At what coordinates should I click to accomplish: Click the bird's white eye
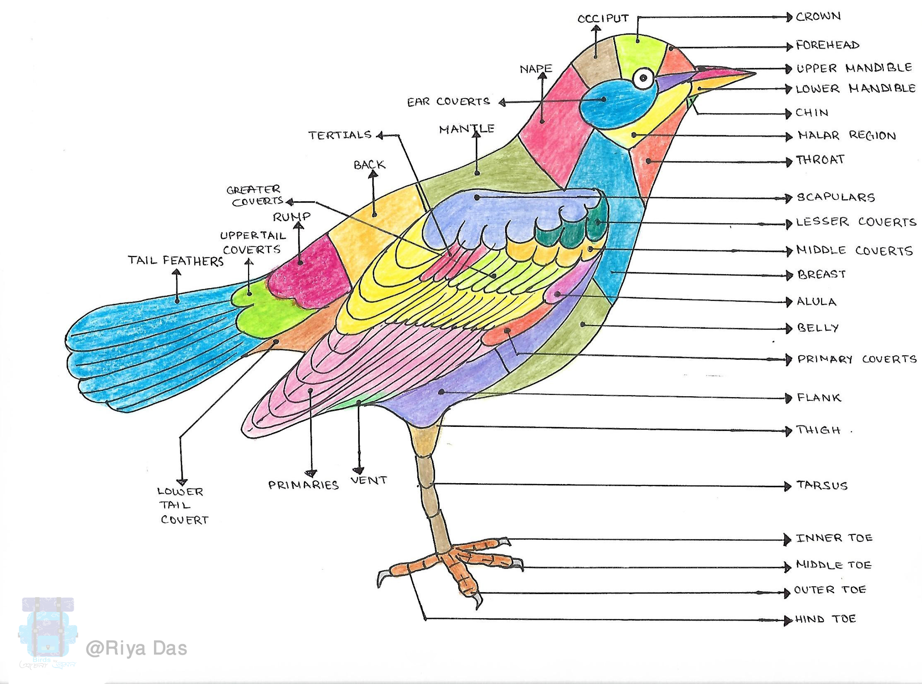pos(643,78)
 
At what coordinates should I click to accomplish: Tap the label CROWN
pos(818,17)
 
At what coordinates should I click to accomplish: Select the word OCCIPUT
pos(603,18)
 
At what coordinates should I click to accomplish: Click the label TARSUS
pos(822,485)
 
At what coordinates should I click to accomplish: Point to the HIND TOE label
pos(825,619)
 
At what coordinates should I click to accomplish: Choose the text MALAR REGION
pos(846,136)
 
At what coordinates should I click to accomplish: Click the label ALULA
pos(816,302)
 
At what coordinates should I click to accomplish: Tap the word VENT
pos(369,480)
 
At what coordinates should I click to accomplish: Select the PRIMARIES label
pos(303,485)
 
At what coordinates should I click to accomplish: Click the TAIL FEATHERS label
pos(176,261)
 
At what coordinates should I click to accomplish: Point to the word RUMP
pos(292,217)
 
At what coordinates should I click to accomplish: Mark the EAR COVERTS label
pos(448,102)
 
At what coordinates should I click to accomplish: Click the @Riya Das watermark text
pos(136,648)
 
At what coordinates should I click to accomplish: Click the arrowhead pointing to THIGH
pos(788,431)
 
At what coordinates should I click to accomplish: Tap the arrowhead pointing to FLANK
pos(788,398)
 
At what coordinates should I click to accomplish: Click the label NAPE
pos(536,69)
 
